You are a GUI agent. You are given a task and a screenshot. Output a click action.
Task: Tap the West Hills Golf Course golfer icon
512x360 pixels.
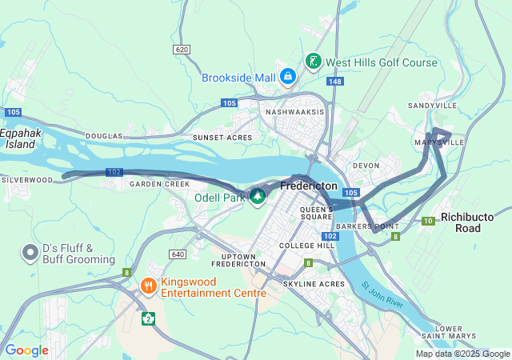[314, 62]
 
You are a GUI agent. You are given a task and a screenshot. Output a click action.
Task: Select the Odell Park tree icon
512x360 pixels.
[258, 196]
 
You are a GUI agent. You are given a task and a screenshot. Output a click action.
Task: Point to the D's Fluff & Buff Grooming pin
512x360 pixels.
[30, 253]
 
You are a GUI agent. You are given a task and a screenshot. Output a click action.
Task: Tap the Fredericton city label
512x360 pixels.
[308, 185]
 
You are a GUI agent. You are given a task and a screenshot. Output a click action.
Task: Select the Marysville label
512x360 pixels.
[439, 142]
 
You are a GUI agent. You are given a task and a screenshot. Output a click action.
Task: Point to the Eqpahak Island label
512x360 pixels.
[18, 138]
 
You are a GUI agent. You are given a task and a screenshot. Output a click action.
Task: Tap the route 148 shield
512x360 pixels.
[334, 82]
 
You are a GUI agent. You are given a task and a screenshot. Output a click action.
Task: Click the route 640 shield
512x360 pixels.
[178, 254]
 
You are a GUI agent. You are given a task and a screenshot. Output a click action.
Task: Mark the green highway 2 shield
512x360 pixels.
[148, 318]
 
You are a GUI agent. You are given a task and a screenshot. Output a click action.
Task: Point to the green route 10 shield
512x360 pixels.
[429, 220]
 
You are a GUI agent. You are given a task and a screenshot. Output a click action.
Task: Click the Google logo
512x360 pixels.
[27, 350]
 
